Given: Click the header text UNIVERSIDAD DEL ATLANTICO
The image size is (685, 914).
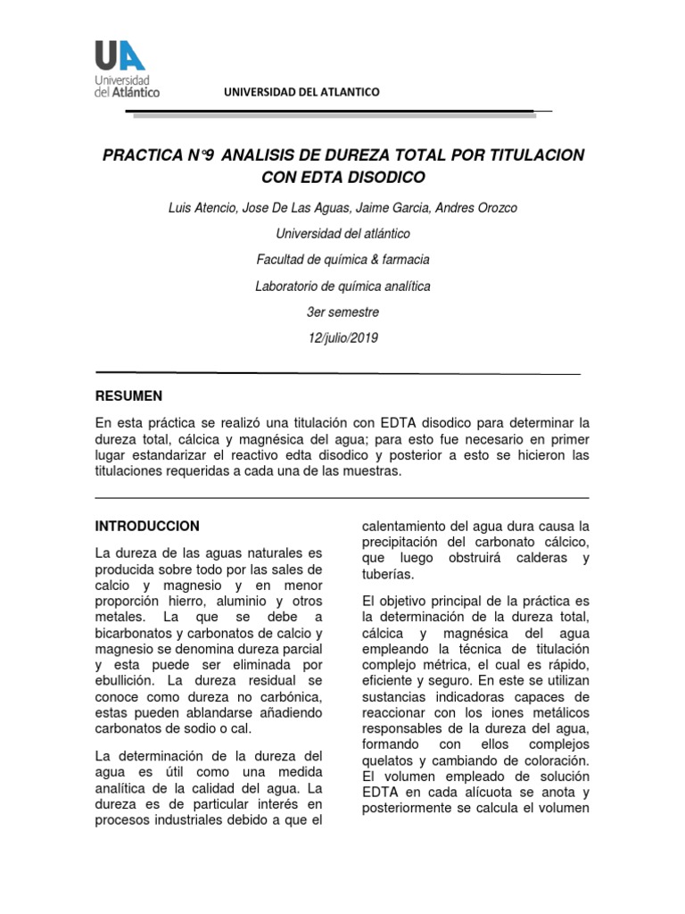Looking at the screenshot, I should pyautogui.click(x=301, y=92).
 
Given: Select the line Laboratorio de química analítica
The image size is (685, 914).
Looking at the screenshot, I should pyautogui.click(x=343, y=286).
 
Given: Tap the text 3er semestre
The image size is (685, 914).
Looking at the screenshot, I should pyautogui.click(x=343, y=312).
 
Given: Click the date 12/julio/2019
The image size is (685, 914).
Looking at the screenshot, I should pyautogui.click(x=343, y=337).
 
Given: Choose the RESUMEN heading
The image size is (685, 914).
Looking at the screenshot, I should pyautogui.click(x=128, y=395).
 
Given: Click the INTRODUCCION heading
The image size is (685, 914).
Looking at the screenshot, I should pyautogui.click(x=147, y=526).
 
